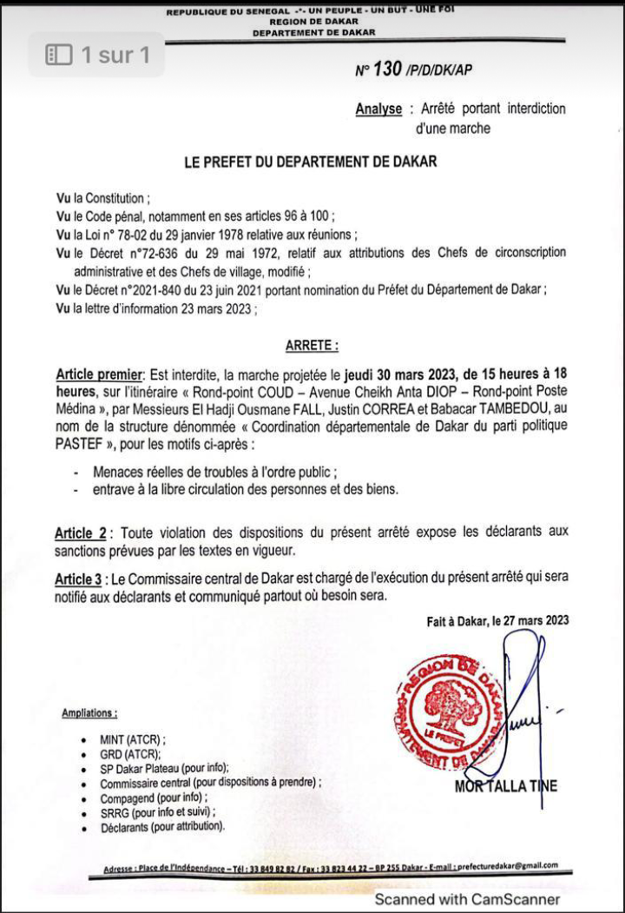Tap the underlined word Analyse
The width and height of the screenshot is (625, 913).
click(x=378, y=109)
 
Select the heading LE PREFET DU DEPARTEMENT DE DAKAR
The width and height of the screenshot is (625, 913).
click(x=311, y=162)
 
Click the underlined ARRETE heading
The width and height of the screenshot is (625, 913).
click(x=311, y=346)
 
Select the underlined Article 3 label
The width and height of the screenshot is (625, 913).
click(x=81, y=579)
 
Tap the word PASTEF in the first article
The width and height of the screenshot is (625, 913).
click(x=81, y=443)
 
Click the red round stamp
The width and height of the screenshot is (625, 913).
click(x=450, y=708)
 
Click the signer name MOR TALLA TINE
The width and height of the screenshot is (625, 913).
click(x=506, y=787)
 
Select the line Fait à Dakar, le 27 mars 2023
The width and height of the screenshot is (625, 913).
click(x=497, y=620)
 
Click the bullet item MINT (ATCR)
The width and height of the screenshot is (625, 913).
click(x=132, y=739)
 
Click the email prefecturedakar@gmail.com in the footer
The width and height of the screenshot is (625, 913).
click(x=507, y=866)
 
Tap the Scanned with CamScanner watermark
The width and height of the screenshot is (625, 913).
click(x=467, y=899)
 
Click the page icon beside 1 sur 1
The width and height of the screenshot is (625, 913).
click(x=59, y=56)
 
